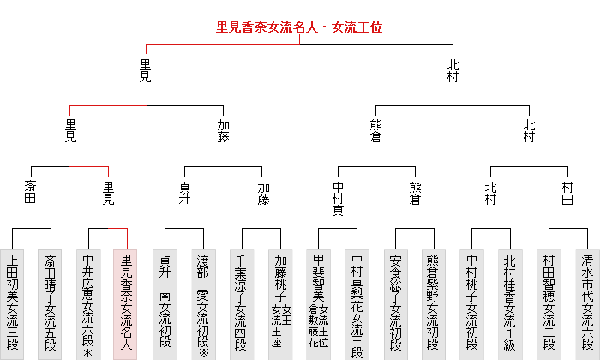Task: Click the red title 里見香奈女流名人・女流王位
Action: coord(299,27)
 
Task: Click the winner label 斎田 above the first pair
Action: coord(32,193)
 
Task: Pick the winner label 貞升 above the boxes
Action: coord(184,193)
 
